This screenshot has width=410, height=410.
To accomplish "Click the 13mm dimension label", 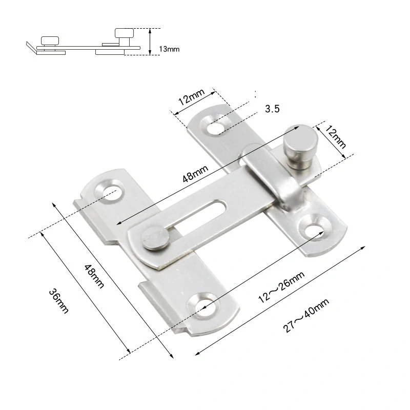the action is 169,49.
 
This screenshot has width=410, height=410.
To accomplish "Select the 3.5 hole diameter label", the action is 272,109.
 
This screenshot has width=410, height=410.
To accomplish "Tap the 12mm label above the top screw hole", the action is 191,96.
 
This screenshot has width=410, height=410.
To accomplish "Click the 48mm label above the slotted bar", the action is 195,173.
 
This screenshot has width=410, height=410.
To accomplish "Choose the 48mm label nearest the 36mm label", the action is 94,276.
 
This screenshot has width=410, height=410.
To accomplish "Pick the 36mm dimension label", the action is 58,301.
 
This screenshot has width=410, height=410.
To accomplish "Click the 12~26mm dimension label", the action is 281,287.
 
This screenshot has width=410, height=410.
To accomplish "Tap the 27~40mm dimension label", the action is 306,316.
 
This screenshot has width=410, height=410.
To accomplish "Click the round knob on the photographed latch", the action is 301,147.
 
